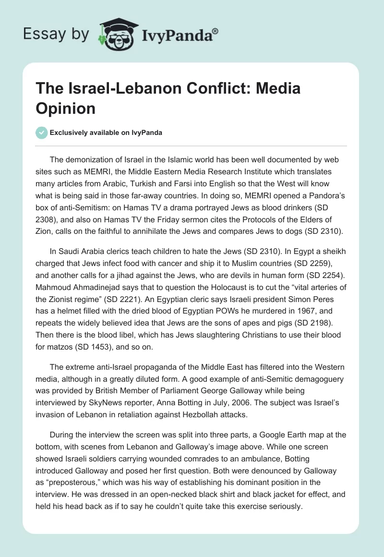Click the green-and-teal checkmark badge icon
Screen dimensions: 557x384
pyautogui.click(x=42, y=133)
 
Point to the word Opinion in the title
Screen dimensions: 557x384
pyautogui.click(x=65, y=108)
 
